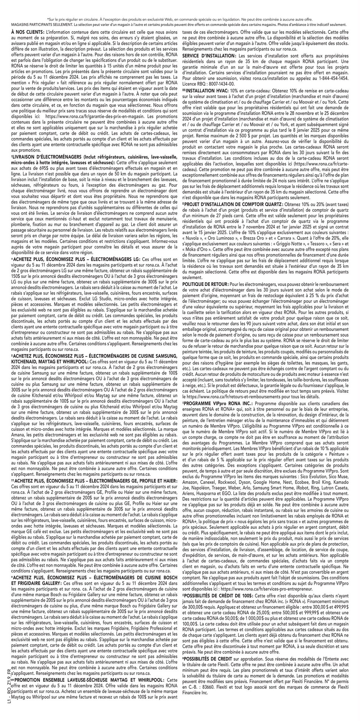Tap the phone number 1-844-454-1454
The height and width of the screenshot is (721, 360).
pyautogui.click(x=330, y=78)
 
